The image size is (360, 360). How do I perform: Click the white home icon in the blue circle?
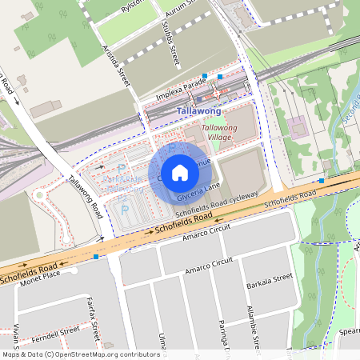click(180, 172)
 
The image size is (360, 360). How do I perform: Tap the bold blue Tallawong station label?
click(198, 111)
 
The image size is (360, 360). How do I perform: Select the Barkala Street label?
click(271, 279)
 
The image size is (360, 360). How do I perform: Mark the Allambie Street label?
click(254, 328)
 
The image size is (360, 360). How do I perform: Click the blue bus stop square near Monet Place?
click(96, 257)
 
